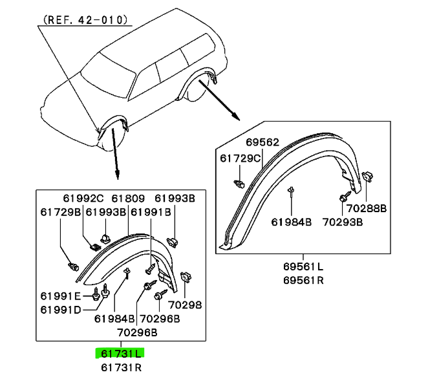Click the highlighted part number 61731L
coord(121,354)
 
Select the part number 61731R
coord(121,368)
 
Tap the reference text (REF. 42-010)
coord(85,20)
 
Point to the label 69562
coord(262,142)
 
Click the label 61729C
coord(241,158)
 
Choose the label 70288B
coord(367,208)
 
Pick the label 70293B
coord(343,222)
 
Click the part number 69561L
coord(303,266)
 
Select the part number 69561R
coord(303,281)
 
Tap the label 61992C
coord(83,199)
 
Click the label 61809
coord(128,199)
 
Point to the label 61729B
coord(61,212)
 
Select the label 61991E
coord(61,296)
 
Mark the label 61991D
coord(61,310)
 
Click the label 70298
coord(185,305)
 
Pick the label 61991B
coord(151,212)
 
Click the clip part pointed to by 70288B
coord(367,177)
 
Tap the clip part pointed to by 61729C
coord(239,184)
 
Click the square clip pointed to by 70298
coord(186,277)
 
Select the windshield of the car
coord(109,71)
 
